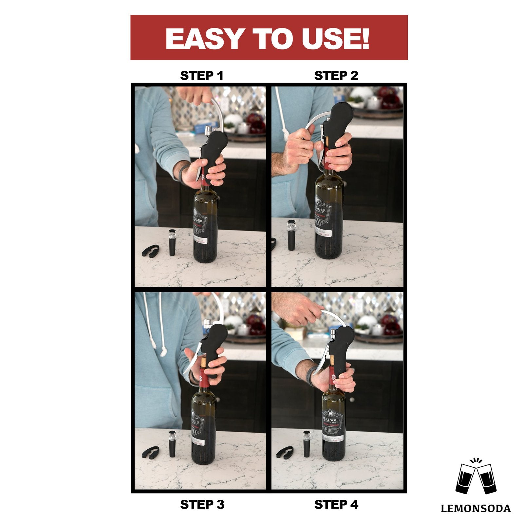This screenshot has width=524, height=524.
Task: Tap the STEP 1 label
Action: coord(202,76)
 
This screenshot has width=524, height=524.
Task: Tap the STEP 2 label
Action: coord(336,76)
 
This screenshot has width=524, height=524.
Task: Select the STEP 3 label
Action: coord(202,505)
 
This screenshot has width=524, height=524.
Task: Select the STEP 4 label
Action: coord(336,505)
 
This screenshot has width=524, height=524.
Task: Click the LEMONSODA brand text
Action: coord(476,509)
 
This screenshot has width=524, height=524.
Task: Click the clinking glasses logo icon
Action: coord(476,478)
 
